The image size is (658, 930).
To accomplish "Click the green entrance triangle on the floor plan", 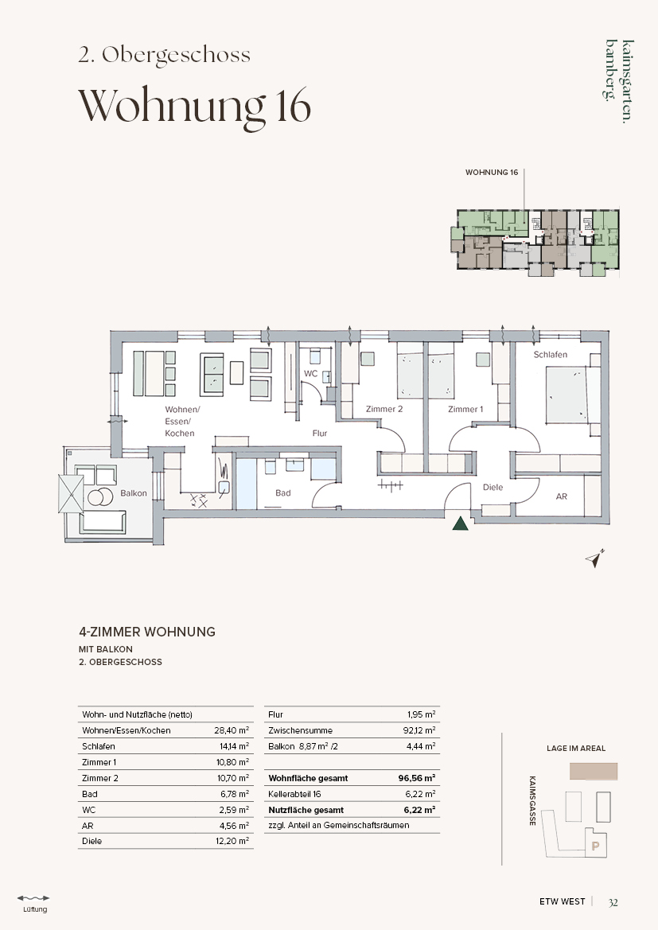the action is coord(461,523).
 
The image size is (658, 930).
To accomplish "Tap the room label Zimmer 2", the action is coord(384,409).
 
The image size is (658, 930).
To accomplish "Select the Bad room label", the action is coord(283,492).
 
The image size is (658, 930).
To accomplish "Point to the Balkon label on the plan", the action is coord(134,493).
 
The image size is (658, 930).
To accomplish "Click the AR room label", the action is coord(561,496).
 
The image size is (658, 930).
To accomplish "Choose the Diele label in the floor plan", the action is coord(493,487).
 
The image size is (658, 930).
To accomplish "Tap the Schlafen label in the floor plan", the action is coord(550,355).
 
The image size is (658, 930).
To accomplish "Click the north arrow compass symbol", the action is coord(594,558).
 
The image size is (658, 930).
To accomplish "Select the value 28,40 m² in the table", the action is coord(232,730).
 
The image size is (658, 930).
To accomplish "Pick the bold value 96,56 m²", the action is coord(416,777).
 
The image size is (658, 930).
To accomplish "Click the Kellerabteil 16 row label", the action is coord(294,794).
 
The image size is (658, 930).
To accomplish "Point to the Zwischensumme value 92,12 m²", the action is coord(419,730).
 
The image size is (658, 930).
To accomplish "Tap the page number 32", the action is coord(613,902).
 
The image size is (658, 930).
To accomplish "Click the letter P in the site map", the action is coord(596,846).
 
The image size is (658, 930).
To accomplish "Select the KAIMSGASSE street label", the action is coord(532,800).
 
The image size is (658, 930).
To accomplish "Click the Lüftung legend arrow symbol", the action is coord(33,898).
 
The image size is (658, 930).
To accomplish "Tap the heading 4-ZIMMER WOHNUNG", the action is coord(147,632).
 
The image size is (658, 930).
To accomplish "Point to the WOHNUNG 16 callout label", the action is coord(491,172).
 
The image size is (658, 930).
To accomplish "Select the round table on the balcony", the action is coord(99,496).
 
